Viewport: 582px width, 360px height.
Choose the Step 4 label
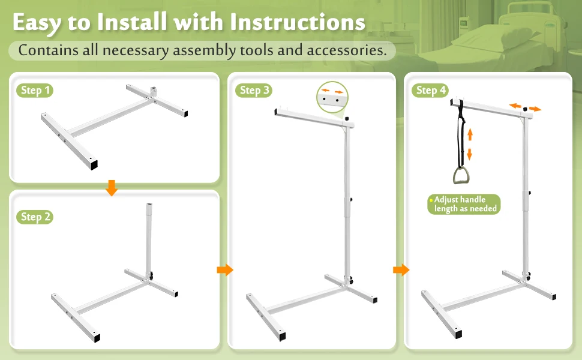coord(430,91)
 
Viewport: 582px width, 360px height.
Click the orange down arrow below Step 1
coord(111,188)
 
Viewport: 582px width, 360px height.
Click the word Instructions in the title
coord(298,23)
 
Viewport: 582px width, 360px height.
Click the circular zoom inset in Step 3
coord(332,97)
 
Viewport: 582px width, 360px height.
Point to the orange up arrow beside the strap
coord(470,133)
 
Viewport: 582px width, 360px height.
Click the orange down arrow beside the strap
coord(470,154)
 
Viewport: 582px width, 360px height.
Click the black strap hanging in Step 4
coord(462,135)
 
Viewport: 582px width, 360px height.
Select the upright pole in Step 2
coord(148,240)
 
